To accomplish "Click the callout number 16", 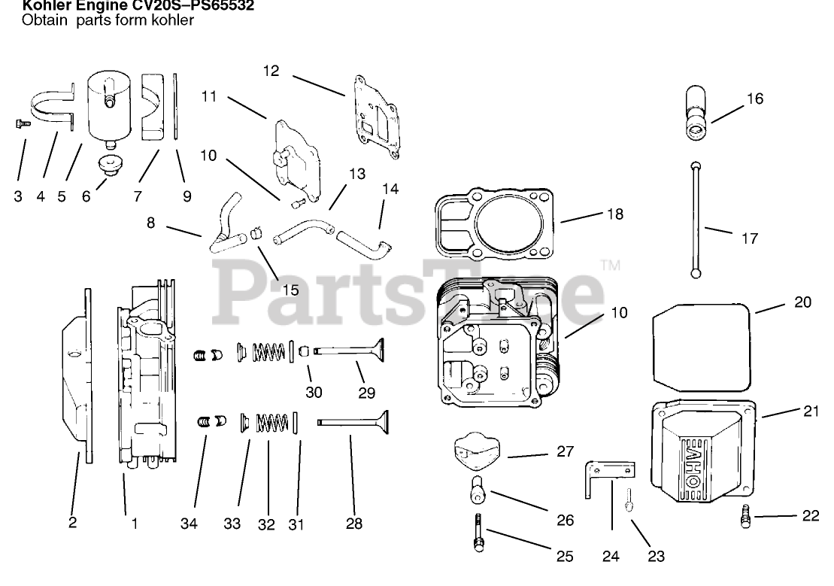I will click(x=754, y=99).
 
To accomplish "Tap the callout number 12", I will click(x=271, y=71).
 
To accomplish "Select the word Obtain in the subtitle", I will click(x=41, y=20).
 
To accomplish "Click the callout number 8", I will click(x=151, y=223).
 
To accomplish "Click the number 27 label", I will click(x=564, y=452).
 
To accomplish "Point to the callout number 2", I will click(x=72, y=524).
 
